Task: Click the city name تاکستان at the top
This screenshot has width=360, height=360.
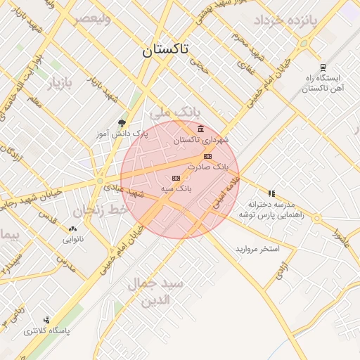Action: [x=165, y=50]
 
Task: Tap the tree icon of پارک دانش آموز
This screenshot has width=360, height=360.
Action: [x=122, y=123]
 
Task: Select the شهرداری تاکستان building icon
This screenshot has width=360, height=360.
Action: [x=202, y=129]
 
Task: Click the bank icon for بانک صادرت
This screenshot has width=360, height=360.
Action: [x=207, y=156]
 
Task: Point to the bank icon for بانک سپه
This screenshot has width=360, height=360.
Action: [x=176, y=178]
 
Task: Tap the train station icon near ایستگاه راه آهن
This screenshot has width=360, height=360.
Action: [x=322, y=67]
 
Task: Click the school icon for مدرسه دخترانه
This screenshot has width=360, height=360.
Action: [x=271, y=193]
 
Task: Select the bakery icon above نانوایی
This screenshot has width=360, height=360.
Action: [x=72, y=229]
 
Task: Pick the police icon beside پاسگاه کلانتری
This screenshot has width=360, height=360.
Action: [x=46, y=320]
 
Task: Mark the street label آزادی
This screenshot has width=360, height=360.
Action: [x=279, y=271]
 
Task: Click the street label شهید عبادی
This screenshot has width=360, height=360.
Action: [x=124, y=190]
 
